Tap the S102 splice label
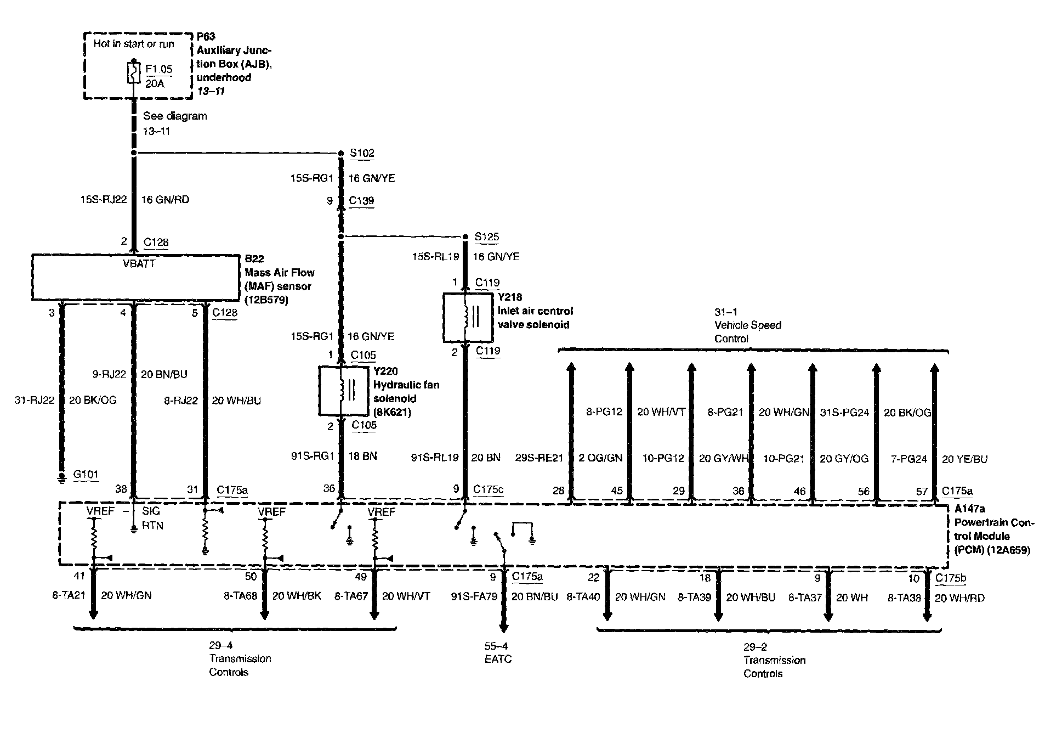[362, 153]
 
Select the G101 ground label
[86, 475]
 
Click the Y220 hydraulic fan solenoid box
[343, 390]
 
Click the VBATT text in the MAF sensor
[139, 264]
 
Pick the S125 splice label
[486, 237]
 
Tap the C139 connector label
[362, 201]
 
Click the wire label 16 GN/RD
[165, 200]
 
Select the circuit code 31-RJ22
[35, 401]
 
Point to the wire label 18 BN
[362, 456]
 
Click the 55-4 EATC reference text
[498, 653]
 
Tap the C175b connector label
[951, 577]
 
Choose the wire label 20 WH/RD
[959, 598]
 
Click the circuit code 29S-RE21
[539, 458]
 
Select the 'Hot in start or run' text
[134, 44]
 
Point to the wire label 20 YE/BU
[964, 459]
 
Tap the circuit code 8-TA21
[69, 595]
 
